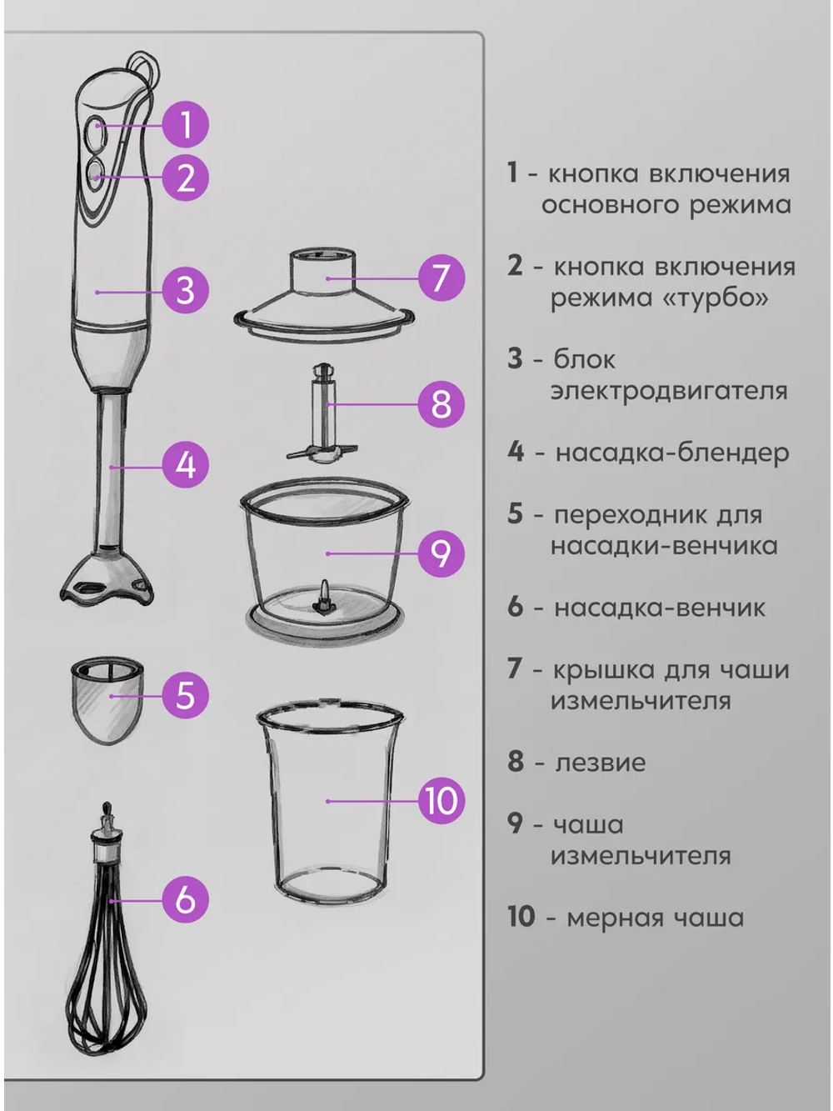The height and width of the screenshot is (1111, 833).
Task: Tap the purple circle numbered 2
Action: pyautogui.click(x=185, y=178)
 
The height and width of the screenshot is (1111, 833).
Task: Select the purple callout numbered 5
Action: pyautogui.click(x=185, y=694)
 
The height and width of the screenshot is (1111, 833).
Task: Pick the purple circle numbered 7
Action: pyautogui.click(x=440, y=278)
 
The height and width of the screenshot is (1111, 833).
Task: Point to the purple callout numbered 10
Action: pyautogui.click(x=440, y=801)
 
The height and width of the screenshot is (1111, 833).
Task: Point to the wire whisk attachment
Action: pyautogui.click(x=108, y=958)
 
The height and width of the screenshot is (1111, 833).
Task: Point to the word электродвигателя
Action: pyautogui.click(x=668, y=391)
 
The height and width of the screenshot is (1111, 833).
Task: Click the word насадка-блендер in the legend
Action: pyautogui.click(x=671, y=453)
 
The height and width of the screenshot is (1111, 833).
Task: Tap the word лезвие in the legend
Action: pyautogui.click(x=600, y=763)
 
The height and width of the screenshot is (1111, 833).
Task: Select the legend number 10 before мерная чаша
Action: pyautogui.click(x=521, y=917)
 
